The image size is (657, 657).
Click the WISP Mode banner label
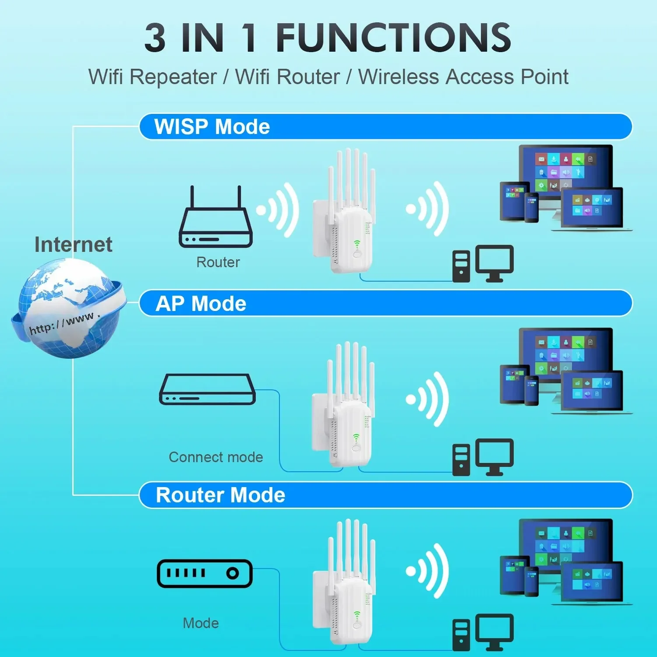click(212, 127)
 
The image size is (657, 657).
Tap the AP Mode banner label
click(201, 304)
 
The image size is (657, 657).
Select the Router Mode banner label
click(220, 495)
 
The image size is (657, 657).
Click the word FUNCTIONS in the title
click(393, 38)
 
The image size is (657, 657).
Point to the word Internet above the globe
click(73, 244)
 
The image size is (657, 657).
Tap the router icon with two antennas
click(215, 219)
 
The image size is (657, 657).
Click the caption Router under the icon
click(218, 262)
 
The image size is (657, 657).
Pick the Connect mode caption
click(216, 457)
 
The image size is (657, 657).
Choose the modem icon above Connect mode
click(207, 389)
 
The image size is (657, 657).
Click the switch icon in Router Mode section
click(205, 573)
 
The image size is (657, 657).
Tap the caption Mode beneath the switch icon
click(201, 623)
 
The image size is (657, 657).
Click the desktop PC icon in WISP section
click(483, 264)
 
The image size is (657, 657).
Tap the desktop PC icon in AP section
click(483, 457)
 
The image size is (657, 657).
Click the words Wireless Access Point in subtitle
click(463, 77)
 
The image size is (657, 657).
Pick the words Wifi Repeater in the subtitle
click(152, 77)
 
